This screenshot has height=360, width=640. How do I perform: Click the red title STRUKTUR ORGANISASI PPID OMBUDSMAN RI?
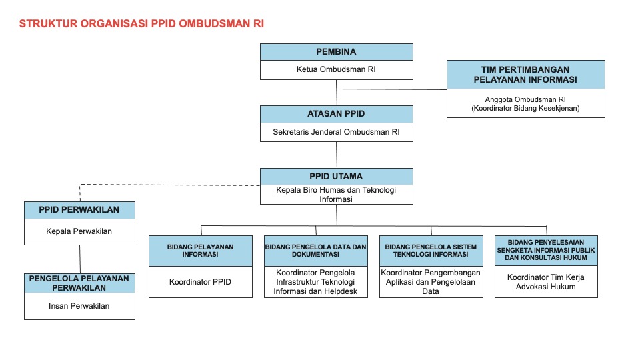(141, 24)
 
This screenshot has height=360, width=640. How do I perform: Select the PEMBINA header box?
(336, 52)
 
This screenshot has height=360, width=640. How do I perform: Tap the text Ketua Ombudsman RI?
(336, 69)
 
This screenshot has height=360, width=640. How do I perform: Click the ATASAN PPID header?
(336, 114)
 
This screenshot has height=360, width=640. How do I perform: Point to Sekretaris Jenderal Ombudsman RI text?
(336, 132)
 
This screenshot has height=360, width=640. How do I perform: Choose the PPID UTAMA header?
(336, 176)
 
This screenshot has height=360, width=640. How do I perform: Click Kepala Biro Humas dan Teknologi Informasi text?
(336, 195)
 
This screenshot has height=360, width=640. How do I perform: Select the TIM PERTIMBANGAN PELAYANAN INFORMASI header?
(526, 75)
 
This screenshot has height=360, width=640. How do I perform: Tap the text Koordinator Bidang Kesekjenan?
(526, 108)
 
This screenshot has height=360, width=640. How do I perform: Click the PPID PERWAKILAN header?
(79, 210)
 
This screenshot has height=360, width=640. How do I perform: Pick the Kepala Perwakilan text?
(79, 231)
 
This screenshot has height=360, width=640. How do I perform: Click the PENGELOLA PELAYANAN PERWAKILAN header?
(79, 283)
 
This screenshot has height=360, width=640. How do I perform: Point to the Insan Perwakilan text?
(79, 306)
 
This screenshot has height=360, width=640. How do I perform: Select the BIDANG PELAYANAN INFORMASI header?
(201, 251)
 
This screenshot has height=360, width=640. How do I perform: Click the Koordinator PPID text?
(200, 282)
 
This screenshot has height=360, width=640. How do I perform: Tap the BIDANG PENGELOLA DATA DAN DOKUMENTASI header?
(316, 251)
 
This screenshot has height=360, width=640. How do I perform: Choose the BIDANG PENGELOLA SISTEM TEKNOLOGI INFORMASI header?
(431, 251)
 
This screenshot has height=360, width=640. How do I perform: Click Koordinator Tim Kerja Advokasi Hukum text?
(546, 282)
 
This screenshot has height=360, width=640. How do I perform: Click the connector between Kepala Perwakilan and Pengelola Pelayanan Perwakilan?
(80, 259)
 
